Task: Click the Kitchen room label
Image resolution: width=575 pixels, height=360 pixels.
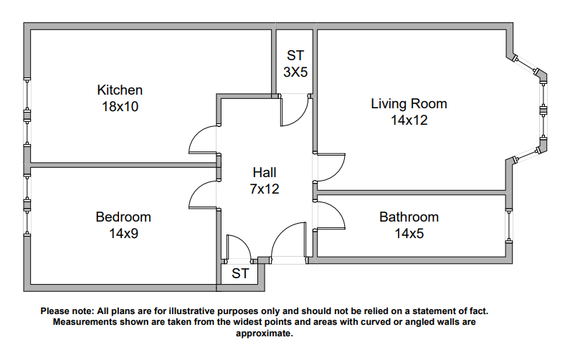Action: (120, 90)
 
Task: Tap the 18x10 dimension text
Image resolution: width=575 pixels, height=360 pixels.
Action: (120, 107)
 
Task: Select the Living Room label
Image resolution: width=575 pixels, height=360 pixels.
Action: (409, 103)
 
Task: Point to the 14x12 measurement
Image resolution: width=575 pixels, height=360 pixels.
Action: (409, 120)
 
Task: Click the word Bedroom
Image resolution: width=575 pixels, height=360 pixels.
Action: (123, 217)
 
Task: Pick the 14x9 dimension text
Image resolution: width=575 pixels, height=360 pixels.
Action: (123, 233)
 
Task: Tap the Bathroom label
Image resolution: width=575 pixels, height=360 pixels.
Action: (409, 217)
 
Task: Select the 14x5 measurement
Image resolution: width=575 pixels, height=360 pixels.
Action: (409, 233)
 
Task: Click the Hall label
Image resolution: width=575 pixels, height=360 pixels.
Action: (264, 173)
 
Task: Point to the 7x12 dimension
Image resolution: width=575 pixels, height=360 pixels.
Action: (264, 189)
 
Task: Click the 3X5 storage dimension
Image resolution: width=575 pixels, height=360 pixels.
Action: (295, 72)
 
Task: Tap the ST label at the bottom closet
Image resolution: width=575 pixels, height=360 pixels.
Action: (240, 274)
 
